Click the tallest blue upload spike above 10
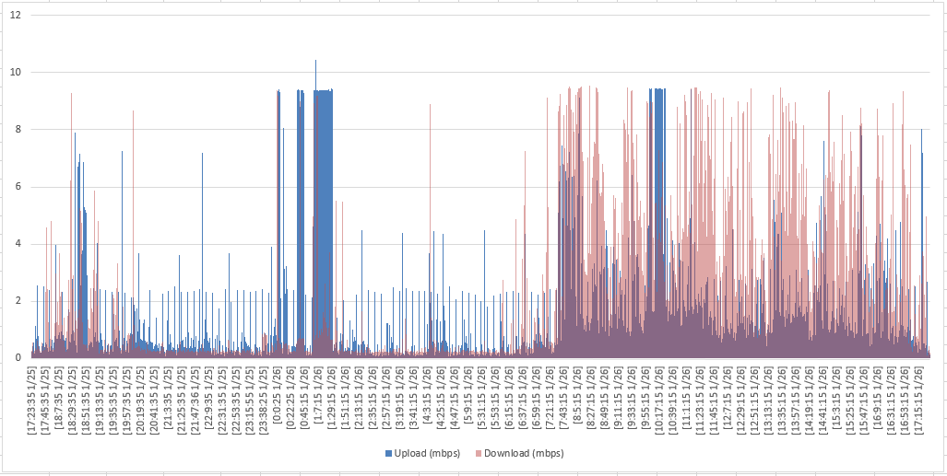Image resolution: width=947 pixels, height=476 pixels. [316, 63]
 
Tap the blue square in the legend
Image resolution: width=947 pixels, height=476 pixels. [388, 453]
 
